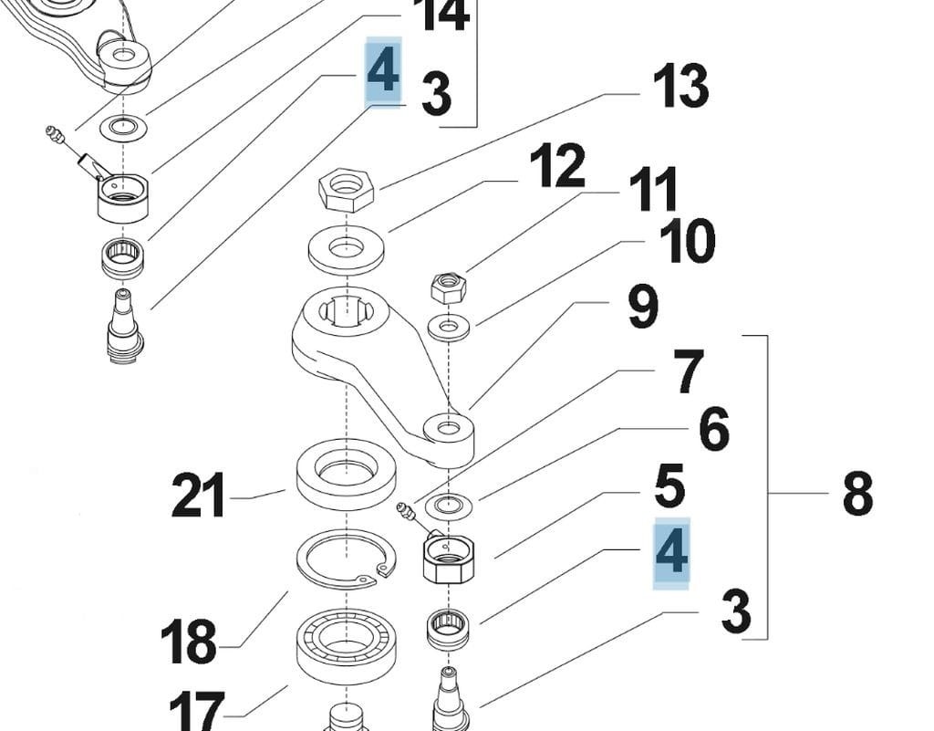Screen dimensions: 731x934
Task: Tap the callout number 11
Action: pos(652,191)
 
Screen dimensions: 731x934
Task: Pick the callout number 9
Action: pos(643,308)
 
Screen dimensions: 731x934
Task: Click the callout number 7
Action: pos(688,373)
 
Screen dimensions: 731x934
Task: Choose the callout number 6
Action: pos(713,430)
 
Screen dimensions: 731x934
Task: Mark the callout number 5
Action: pos(669,486)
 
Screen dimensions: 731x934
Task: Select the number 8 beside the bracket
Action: pos(857,494)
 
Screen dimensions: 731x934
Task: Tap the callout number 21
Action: pos(198,497)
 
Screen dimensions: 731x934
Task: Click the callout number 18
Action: pos(189,642)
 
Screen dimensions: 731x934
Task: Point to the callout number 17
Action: pos(195,709)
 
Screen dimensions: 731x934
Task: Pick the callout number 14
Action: pos(441,16)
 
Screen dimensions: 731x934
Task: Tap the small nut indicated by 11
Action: pos(448,290)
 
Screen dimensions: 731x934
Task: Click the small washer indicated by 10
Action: pos(448,326)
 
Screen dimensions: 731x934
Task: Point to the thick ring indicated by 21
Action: pos(346,472)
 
